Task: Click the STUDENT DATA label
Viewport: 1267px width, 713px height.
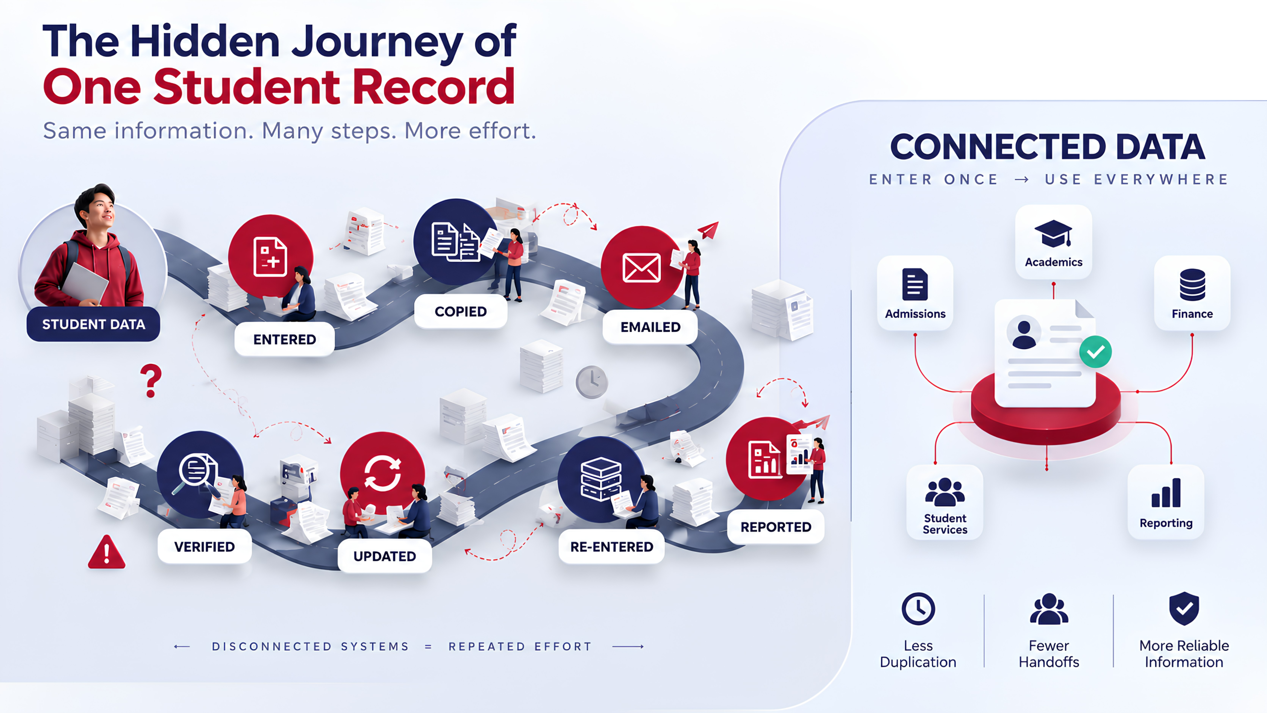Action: tap(93, 324)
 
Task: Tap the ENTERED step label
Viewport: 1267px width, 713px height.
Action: tap(285, 340)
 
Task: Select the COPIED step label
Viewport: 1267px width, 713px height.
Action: tap(460, 312)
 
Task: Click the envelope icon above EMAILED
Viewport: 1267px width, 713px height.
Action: tap(641, 268)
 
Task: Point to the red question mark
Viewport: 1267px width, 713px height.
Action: tap(151, 381)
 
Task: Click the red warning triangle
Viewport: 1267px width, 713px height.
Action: tap(106, 552)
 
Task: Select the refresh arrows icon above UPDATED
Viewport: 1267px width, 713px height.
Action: tap(383, 474)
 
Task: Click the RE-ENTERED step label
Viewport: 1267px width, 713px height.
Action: tap(612, 547)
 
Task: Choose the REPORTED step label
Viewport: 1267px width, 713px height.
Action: tap(776, 527)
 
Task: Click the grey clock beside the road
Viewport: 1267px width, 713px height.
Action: tap(591, 382)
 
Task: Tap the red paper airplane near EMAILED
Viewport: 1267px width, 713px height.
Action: tap(709, 230)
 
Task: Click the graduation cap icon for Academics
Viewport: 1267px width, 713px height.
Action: tap(1053, 233)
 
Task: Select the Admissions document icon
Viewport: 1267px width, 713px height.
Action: tap(915, 284)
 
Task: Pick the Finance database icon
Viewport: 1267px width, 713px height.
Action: tap(1192, 285)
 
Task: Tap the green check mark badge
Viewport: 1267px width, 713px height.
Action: tap(1095, 352)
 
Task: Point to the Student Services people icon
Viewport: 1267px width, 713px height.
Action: tap(945, 492)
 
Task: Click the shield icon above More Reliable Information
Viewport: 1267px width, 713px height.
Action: tap(1184, 609)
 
